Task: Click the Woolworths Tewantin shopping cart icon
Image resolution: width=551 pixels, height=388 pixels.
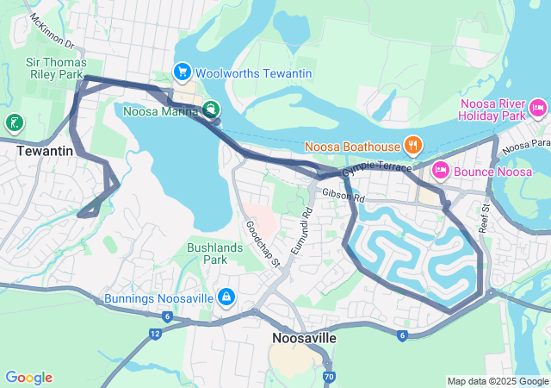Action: click(x=182, y=72)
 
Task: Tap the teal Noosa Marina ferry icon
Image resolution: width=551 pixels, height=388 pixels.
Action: click(x=211, y=110)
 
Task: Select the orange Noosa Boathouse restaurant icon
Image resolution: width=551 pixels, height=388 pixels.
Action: click(x=413, y=146)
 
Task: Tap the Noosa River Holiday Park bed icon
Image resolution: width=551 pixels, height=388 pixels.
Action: click(x=538, y=108)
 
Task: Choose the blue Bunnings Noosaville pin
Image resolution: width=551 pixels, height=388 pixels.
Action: click(x=226, y=297)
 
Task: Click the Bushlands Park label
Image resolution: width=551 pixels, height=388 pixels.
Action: click(x=207, y=253)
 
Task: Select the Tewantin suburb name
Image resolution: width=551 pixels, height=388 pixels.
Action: click(x=43, y=151)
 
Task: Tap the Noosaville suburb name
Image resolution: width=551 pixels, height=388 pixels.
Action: click(x=304, y=338)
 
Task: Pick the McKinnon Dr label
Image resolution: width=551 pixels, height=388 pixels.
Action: click(x=53, y=32)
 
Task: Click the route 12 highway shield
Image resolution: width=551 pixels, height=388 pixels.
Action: click(x=154, y=333)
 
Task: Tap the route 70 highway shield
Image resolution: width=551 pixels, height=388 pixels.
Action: click(x=329, y=377)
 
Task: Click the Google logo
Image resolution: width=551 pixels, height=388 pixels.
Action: click(x=28, y=378)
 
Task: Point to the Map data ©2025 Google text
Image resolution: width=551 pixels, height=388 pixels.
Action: click(x=497, y=381)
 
